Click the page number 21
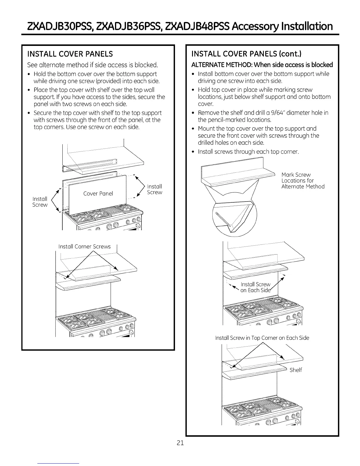(x=180, y=443)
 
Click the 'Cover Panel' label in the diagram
(x=98, y=194)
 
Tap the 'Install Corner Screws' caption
(x=84, y=247)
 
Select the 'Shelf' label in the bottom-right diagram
(x=296, y=370)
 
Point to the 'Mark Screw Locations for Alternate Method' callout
(x=303, y=181)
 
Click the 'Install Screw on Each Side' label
(x=255, y=287)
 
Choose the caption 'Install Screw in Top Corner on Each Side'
(x=262, y=338)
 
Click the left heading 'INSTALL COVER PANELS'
(x=70, y=54)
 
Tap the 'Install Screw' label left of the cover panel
(x=40, y=202)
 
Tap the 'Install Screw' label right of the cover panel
(x=154, y=189)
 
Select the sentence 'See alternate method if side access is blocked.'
(x=92, y=65)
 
